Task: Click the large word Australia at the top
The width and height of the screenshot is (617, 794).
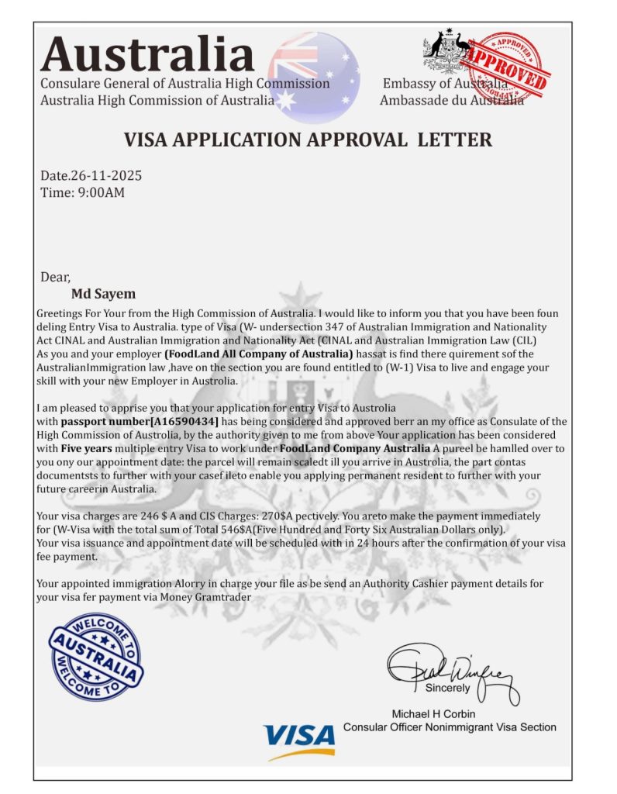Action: click(147, 54)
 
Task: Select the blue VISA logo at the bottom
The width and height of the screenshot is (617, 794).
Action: click(298, 739)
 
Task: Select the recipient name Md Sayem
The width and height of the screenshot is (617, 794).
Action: click(103, 294)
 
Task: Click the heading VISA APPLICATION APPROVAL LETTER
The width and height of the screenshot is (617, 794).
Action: click(308, 140)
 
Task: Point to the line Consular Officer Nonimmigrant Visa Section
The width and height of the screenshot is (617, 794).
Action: click(450, 727)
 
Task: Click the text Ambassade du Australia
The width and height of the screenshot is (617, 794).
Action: click(451, 100)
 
